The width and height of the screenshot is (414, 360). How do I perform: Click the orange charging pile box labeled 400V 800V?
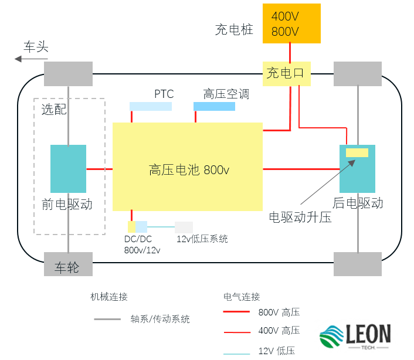click(291, 23)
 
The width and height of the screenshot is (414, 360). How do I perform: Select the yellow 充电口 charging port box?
click(286, 73)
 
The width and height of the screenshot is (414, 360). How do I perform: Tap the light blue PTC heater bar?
click(151, 106)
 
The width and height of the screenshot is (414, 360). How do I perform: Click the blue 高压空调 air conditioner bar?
click(214, 106)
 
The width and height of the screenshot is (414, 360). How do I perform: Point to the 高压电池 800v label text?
click(188, 170)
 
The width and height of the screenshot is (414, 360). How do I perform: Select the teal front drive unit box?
click(68, 169)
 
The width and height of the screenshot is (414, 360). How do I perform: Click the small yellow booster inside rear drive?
click(357, 153)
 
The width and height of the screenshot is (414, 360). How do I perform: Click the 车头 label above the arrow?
click(36, 47)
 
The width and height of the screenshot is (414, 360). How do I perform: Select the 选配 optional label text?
click(54, 110)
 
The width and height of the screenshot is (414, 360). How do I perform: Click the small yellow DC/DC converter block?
click(131, 226)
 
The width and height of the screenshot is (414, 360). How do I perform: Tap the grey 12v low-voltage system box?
click(184, 227)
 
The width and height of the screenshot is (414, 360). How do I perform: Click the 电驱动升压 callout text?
click(300, 218)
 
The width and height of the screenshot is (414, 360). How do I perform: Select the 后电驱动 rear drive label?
click(358, 203)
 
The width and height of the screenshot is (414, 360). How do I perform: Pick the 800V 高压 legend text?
click(279, 312)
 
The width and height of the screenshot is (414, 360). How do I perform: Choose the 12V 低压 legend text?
click(276, 351)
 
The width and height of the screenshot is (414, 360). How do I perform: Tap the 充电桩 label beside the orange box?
click(234, 29)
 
